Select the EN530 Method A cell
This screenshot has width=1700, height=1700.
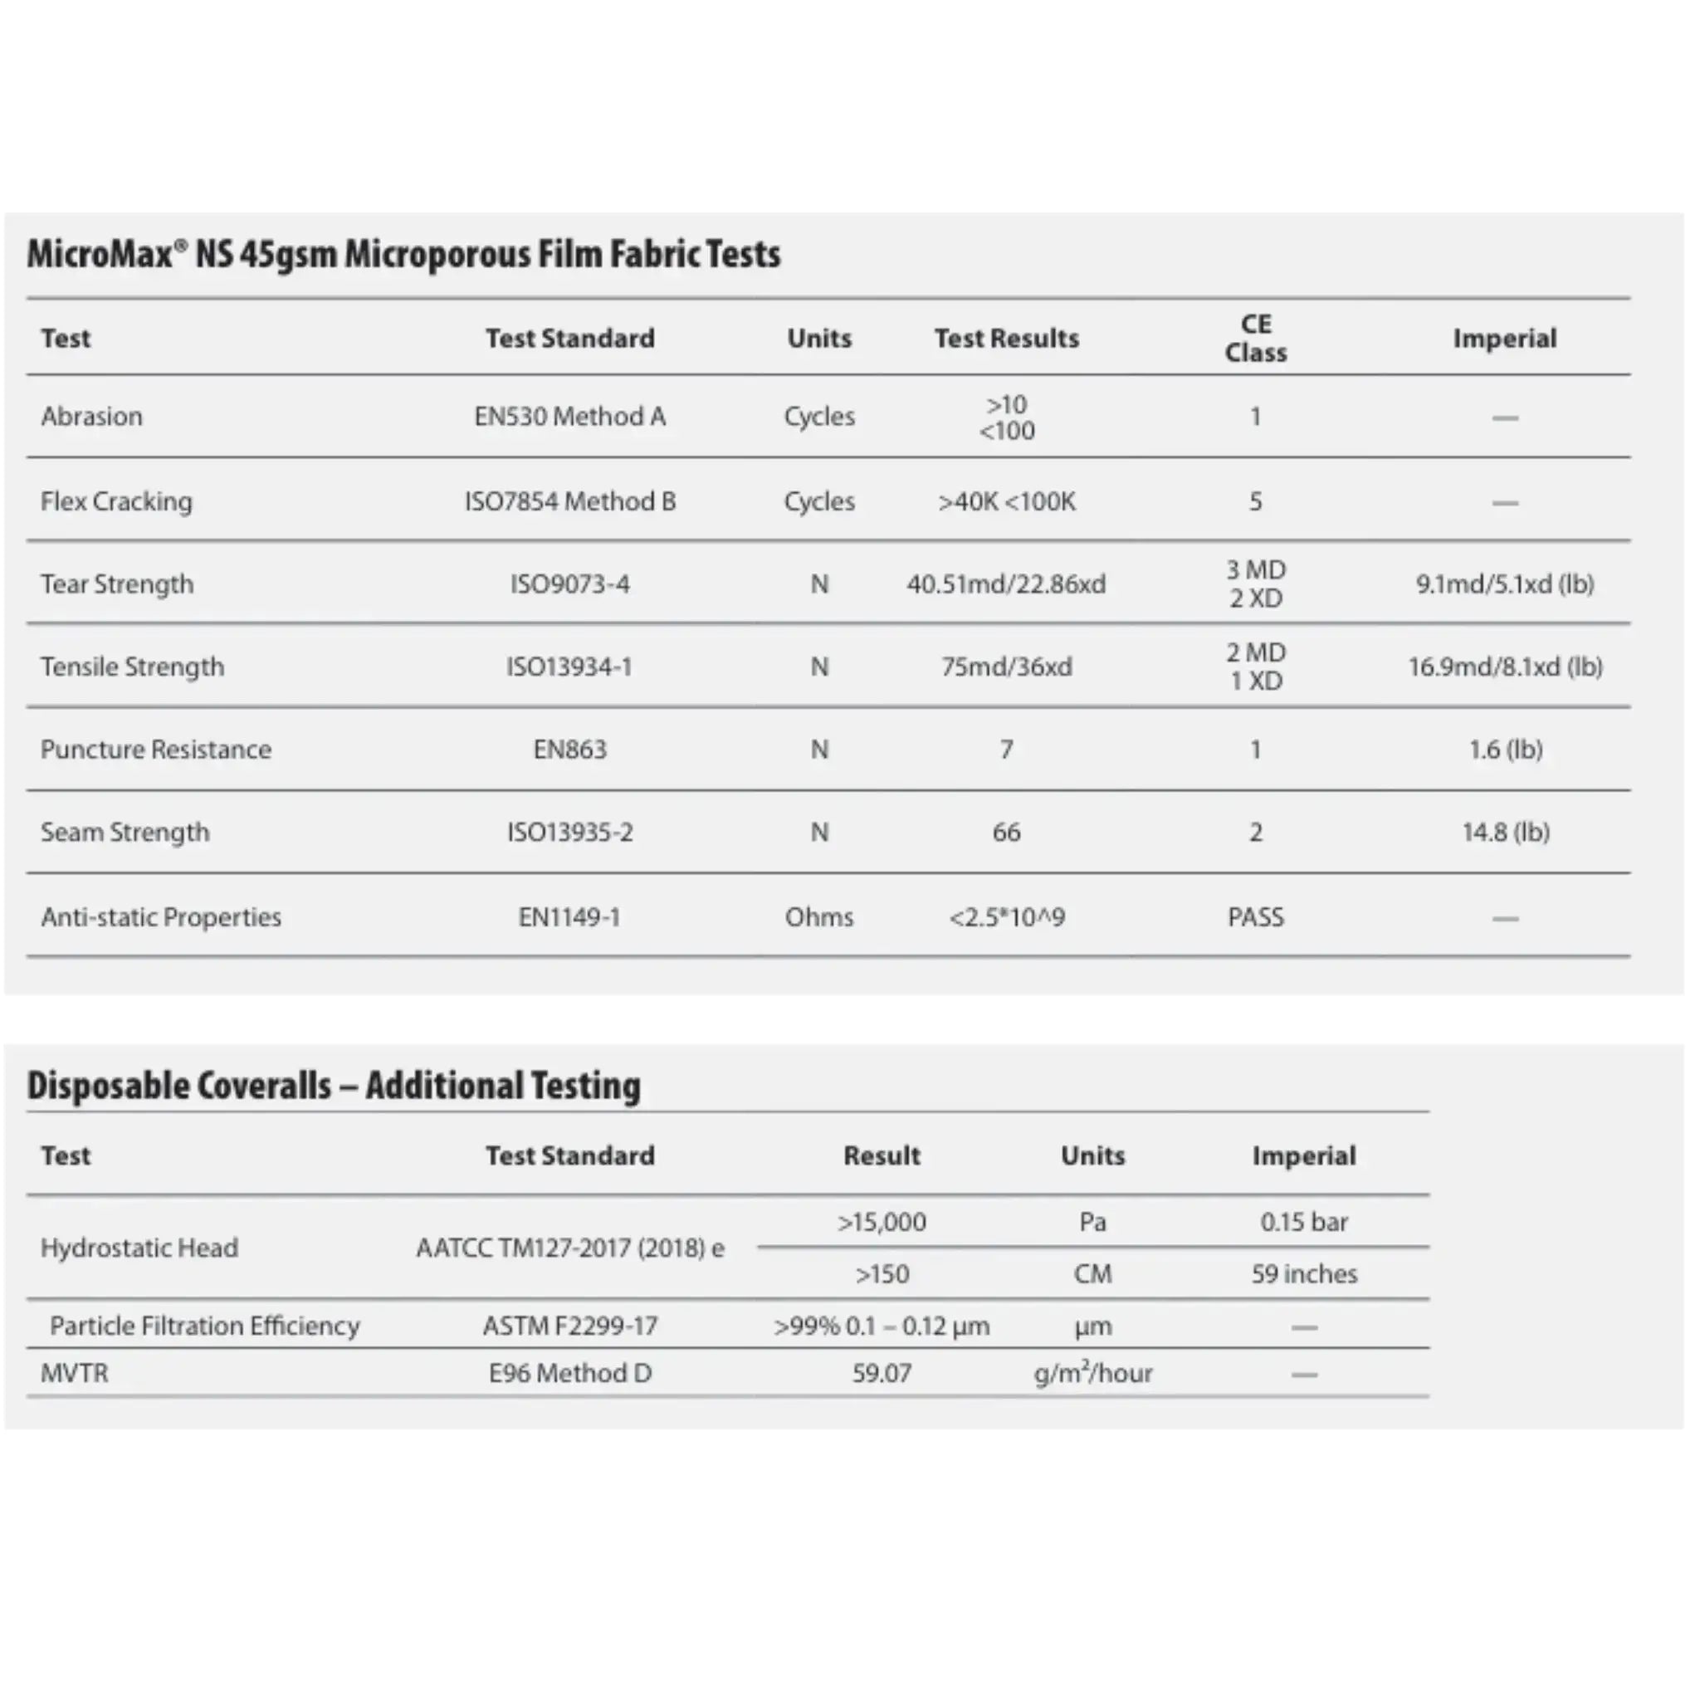(569, 416)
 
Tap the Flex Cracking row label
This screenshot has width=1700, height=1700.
(116, 501)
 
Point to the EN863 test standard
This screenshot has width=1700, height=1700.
(569, 750)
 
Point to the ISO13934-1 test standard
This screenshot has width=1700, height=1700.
(569, 667)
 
